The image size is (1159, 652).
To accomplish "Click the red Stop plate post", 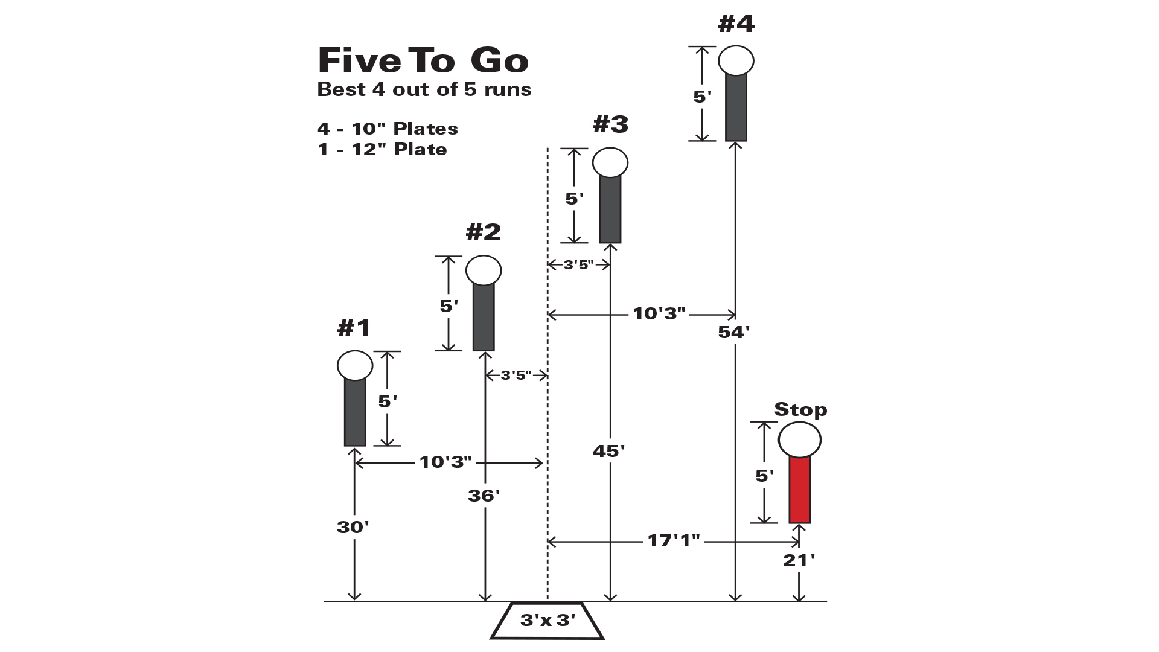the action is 800,490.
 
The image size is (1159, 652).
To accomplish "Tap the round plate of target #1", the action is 355,366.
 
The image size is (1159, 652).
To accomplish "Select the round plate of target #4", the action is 736,60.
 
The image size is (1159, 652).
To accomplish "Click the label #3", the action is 611,124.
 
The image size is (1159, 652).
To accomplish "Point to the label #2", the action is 484,232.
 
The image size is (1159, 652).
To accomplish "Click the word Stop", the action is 800,409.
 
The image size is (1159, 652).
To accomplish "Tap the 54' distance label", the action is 734,332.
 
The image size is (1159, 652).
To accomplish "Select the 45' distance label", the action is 609,451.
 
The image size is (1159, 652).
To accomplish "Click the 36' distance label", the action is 484,496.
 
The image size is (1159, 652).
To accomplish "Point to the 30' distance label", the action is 353,527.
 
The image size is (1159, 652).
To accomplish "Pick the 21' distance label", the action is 799,560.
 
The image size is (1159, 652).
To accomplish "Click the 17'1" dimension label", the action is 674,540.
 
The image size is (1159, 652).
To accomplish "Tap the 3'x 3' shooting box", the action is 548,620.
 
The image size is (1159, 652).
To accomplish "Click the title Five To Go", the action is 423,60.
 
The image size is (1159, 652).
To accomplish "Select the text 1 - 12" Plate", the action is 382,149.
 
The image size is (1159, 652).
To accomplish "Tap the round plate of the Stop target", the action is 800,439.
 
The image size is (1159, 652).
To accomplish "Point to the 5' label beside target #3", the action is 575,199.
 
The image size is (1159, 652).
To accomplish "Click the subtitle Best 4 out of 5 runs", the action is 424,89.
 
